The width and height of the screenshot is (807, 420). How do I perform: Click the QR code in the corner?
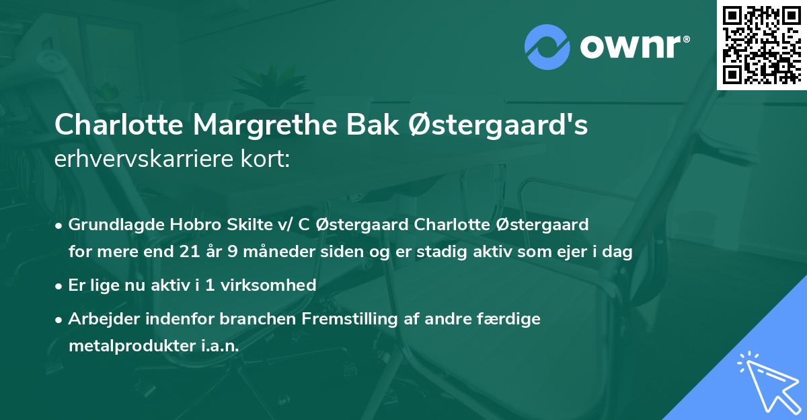tap(761, 44)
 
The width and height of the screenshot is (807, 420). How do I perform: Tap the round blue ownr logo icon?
tap(547, 46)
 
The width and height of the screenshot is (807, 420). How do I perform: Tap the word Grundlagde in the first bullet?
tap(111, 225)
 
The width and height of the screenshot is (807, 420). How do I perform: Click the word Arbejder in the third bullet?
tap(100, 319)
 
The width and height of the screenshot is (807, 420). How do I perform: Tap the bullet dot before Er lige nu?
tap(60, 285)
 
